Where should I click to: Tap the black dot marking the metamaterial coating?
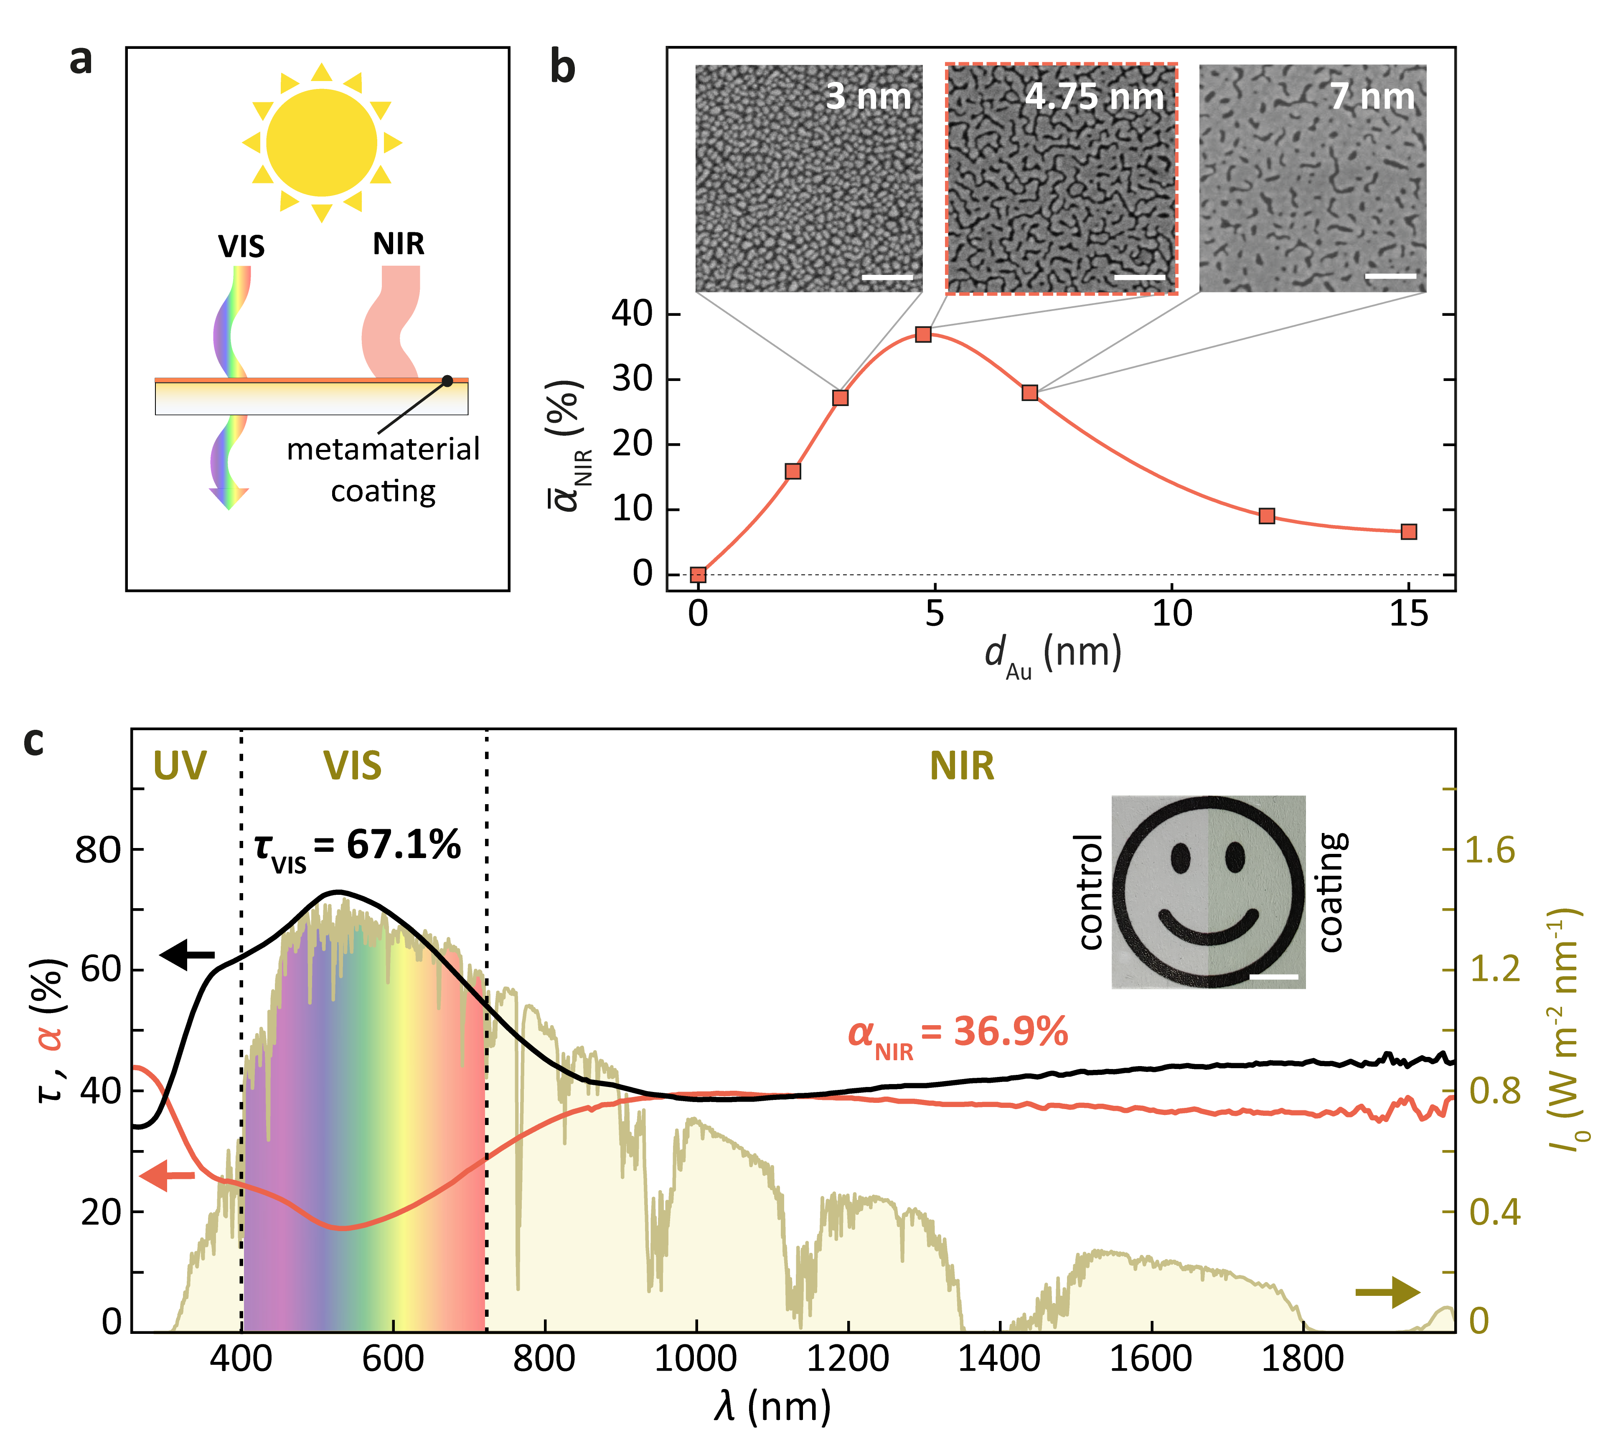447,381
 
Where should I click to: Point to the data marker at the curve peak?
923,334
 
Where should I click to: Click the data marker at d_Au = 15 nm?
1408,531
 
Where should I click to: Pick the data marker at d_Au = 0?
698,574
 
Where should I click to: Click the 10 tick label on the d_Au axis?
1171,613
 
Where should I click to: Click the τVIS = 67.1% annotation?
357,846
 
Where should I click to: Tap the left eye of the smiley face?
1180,857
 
